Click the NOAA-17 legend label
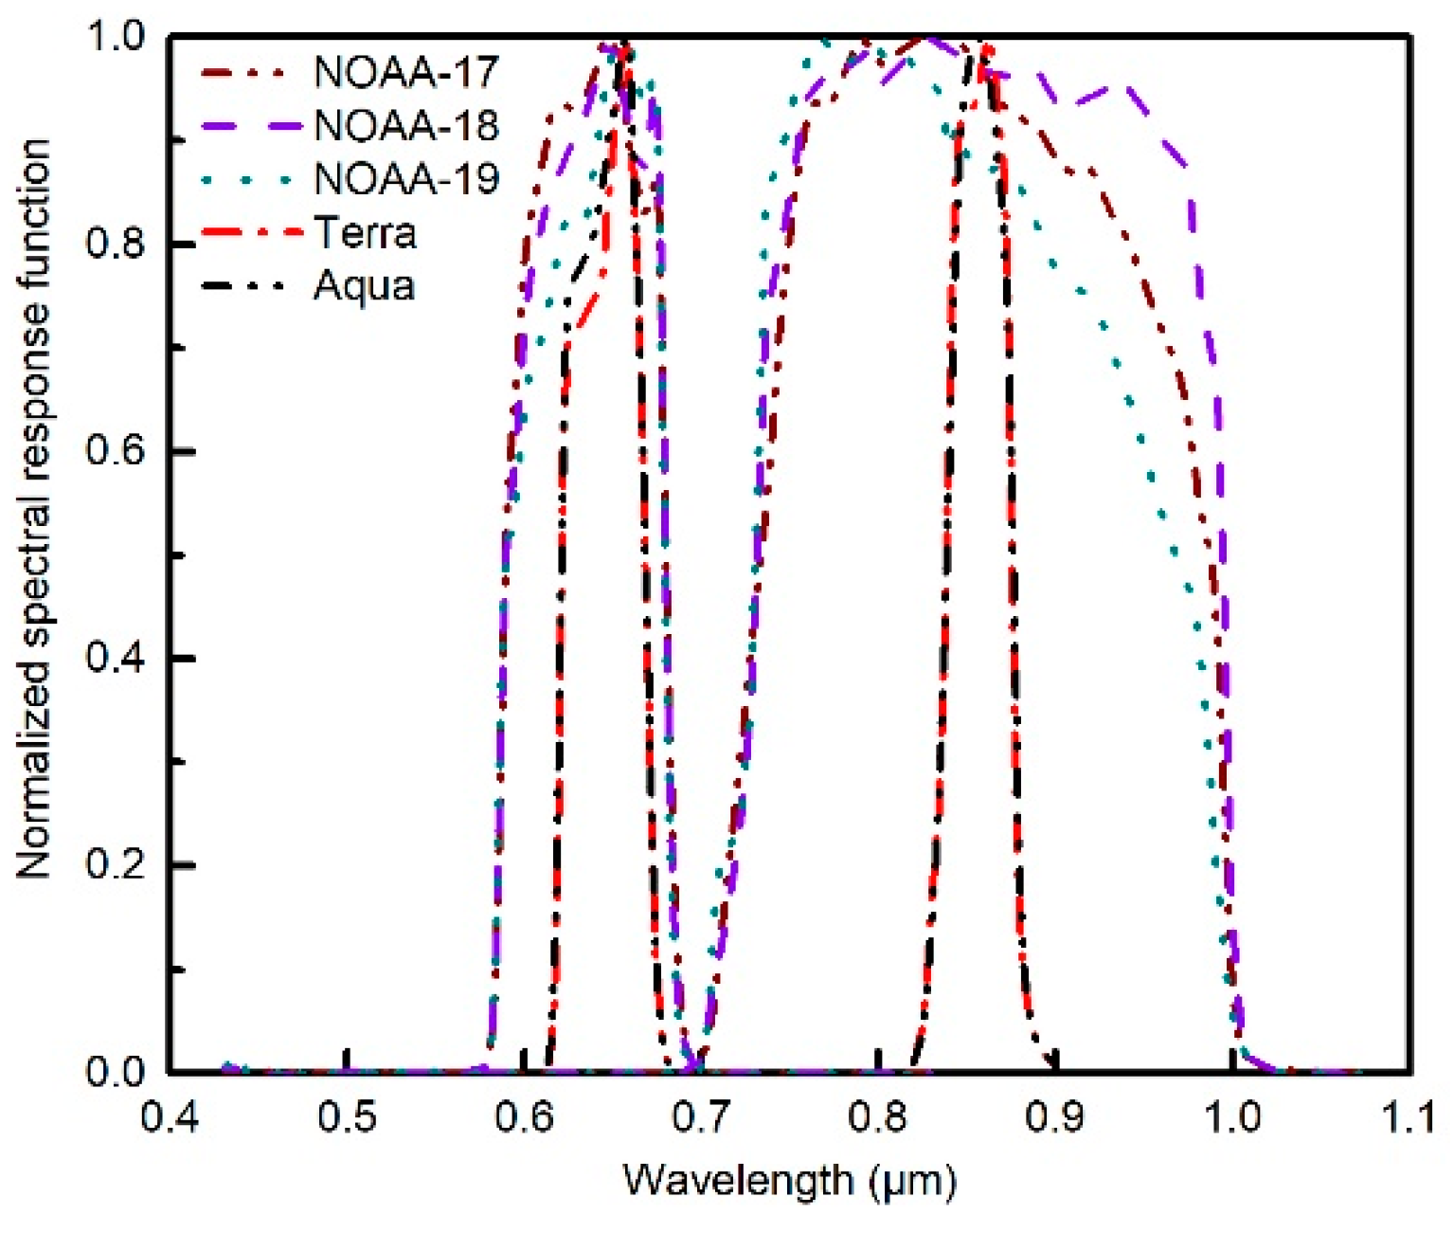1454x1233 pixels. click(405, 73)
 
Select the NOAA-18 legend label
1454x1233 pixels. click(405, 126)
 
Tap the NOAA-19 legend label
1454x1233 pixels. click(405, 179)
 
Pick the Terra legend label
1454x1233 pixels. click(365, 233)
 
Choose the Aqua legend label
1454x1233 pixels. click(365, 286)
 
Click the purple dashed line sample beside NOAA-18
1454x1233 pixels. click(251, 126)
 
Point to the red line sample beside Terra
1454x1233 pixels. click(251, 233)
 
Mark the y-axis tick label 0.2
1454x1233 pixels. click(115, 865)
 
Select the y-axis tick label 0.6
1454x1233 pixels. click(115, 450)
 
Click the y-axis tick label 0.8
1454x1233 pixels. click(115, 244)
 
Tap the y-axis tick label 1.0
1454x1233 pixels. click(115, 37)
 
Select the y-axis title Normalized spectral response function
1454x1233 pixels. click(33, 509)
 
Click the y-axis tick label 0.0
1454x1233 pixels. click(115, 1072)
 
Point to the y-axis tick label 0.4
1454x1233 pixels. click(115, 658)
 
